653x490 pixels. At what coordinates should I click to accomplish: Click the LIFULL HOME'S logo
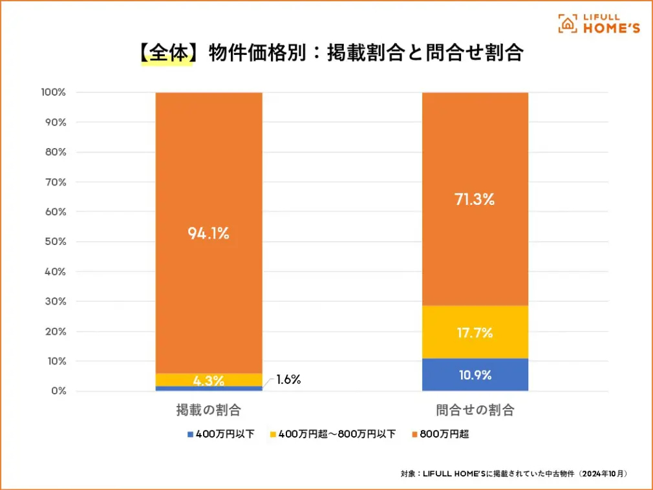click(599, 23)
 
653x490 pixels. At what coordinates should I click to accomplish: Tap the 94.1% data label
click(209, 234)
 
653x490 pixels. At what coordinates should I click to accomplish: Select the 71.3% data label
click(475, 199)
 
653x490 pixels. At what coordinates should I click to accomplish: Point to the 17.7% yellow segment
click(475, 333)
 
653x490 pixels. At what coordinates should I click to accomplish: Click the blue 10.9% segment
click(475, 375)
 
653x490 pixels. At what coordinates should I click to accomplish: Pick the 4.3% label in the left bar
click(209, 381)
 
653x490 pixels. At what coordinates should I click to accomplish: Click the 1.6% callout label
click(288, 379)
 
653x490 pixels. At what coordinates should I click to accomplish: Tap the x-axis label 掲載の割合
click(208, 410)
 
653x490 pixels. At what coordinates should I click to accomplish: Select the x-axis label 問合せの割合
click(475, 410)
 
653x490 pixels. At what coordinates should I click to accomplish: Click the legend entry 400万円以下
click(220, 434)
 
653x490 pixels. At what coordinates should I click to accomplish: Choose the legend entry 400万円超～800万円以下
click(337, 434)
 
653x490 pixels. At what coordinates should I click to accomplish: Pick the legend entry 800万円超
click(444, 434)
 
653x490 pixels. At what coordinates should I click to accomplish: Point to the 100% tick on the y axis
click(53, 92)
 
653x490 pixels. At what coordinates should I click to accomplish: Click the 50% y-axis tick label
click(56, 242)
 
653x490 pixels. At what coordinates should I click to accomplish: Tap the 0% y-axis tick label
click(58, 391)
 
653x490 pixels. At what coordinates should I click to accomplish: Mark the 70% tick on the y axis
click(56, 182)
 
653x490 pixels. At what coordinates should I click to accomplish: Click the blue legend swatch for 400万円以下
click(190, 434)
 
